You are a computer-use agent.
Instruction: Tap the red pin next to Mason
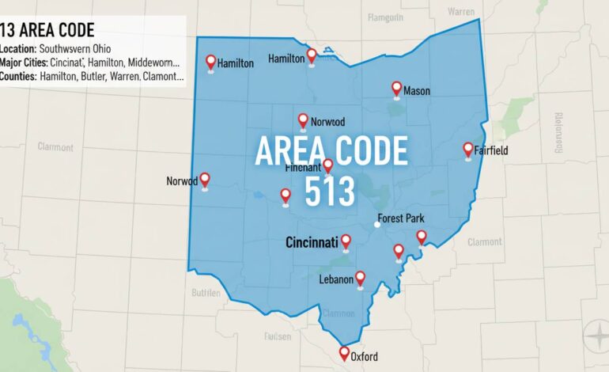point(397,89)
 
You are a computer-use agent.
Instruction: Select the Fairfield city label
point(492,150)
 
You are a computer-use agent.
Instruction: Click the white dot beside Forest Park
point(377,225)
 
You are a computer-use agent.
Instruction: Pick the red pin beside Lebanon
point(361,278)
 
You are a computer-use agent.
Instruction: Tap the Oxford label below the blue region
point(364,356)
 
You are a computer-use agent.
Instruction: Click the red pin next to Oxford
point(344,353)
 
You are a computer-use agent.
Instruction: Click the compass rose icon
point(596,336)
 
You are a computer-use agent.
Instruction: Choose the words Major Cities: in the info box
point(24,63)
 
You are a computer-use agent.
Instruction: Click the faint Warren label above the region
point(461,12)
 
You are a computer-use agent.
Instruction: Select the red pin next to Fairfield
point(468,149)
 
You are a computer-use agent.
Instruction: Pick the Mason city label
point(417,91)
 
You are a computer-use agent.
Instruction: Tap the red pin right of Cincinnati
point(346,241)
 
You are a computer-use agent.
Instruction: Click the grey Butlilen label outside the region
point(207,292)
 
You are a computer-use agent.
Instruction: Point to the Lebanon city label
point(336,280)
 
